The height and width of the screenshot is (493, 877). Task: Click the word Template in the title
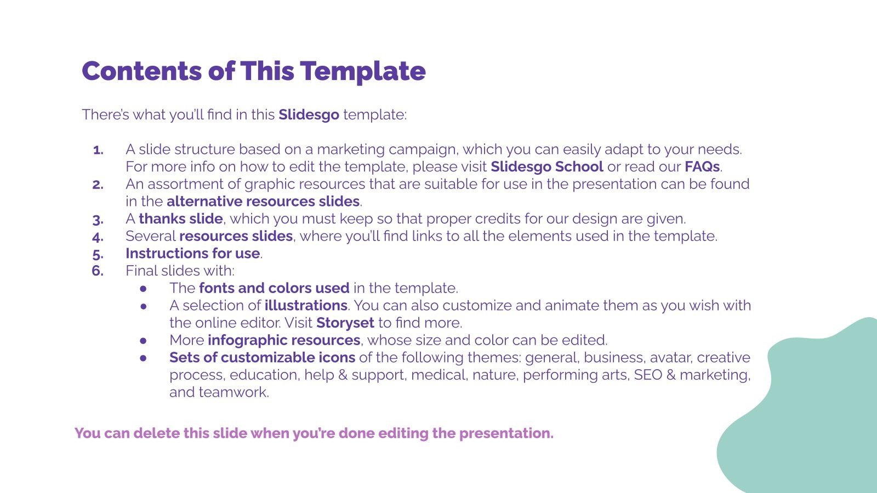click(362, 71)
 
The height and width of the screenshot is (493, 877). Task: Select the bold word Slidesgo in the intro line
click(309, 115)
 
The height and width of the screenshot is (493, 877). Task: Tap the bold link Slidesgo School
click(546, 167)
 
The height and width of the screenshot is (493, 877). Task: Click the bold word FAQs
click(702, 167)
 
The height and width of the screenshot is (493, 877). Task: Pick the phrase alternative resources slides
click(263, 202)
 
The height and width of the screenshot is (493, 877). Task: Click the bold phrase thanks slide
click(180, 219)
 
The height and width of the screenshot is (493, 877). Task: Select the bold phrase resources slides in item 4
click(236, 236)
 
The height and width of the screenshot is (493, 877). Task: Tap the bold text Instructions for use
click(192, 254)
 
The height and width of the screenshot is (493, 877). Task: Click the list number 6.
click(97, 271)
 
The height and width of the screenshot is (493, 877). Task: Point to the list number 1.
click(98, 150)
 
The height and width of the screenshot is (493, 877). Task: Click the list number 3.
click(98, 220)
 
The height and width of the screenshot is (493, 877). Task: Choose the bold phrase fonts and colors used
click(274, 288)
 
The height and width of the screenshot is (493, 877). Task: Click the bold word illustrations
click(306, 306)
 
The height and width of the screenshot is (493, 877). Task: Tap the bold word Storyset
click(345, 323)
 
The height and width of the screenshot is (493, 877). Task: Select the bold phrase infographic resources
click(284, 340)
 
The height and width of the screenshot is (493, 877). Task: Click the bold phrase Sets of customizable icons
click(262, 358)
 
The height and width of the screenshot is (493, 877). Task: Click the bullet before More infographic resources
click(144, 341)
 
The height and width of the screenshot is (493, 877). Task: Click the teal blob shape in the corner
click(811, 416)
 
